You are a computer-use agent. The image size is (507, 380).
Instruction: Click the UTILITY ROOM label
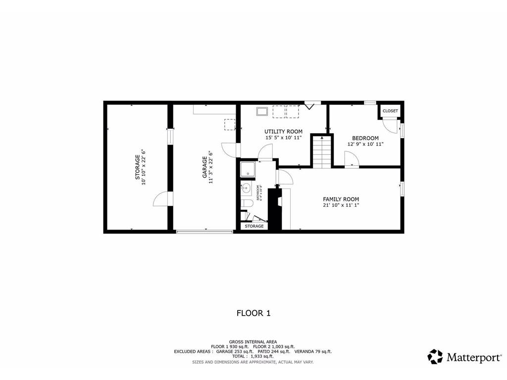pyautogui.click(x=283, y=132)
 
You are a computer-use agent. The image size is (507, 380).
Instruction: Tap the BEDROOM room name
pyautogui.click(x=365, y=138)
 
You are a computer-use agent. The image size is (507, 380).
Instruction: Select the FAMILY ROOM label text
pyautogui.click(x=341, y=199)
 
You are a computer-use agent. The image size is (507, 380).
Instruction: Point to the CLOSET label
pyautogui.click(x=390, y=111)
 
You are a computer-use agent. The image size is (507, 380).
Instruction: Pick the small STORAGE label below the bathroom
pyautogui.click(x=254, y=226)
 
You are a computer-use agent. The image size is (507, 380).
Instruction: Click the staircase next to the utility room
pyautogui.click(x=321, y=152)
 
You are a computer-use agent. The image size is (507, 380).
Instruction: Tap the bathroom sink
pyautogui.click(x=246, y=187)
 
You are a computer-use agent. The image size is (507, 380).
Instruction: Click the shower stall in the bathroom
pyautogui.click(x=248, y=170)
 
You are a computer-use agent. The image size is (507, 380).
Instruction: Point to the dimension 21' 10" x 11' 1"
pyautogui.click(x=341, y=205)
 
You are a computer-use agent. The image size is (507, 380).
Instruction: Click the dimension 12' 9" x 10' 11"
pyautogui.click(x=365, y=144)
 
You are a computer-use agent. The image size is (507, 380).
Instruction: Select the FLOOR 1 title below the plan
pyautogui.click(x=253, y=313)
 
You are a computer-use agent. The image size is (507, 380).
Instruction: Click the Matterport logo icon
pyautogui.click(x=435, y=356)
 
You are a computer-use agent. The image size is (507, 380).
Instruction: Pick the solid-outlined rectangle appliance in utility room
pyautogui.click(x=261, y=111)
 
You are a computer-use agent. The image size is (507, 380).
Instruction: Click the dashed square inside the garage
pyautogui.click(x=230, y=124)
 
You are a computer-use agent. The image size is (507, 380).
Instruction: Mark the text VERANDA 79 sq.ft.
pyautogui.click(x=313, y=351)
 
